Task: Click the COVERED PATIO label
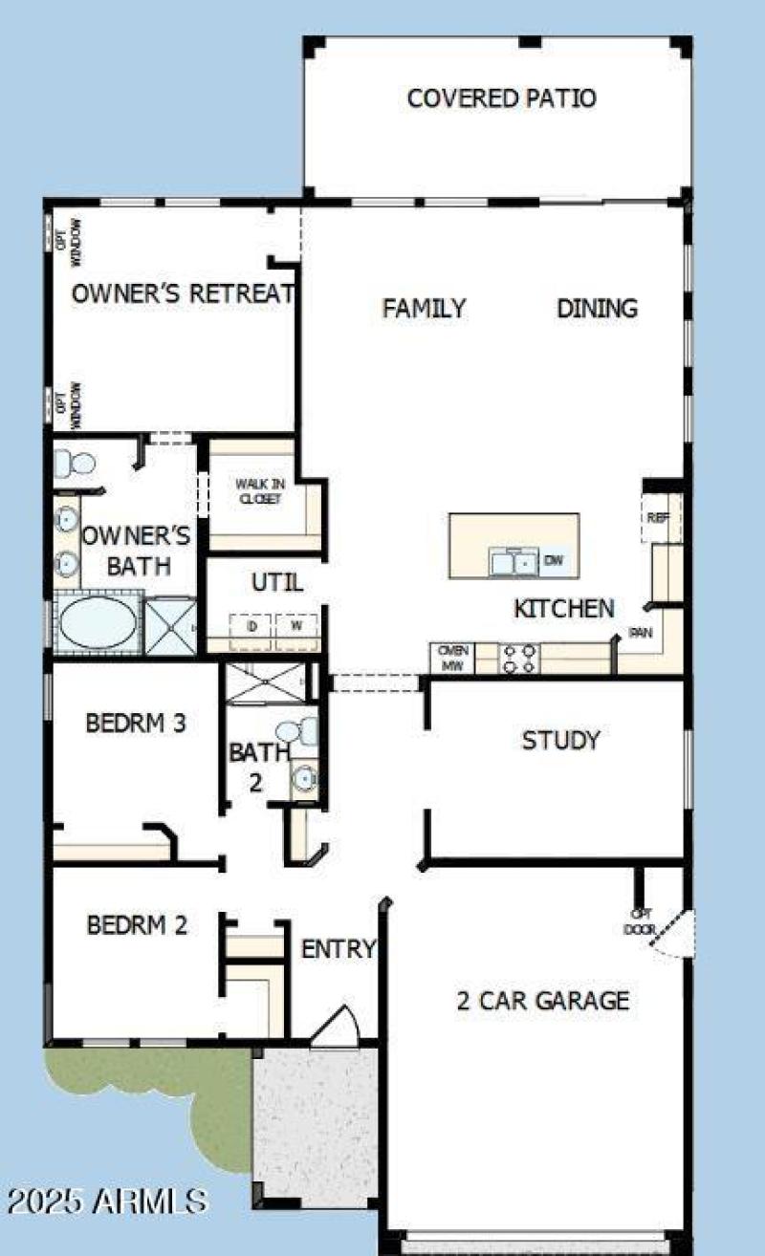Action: pos(501,98)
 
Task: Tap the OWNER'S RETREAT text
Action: pos(182,293)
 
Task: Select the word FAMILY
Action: pos(424,309)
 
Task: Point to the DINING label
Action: pos(597,309)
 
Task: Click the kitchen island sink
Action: pos(514,562)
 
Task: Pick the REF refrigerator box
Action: pos(657,518)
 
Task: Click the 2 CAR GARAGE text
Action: pos(542,1001)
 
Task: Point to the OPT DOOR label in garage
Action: pos(640,921)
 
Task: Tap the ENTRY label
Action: pos(338,950)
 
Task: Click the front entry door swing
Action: pos(335,1028)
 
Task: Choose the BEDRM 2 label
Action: pos(137,926)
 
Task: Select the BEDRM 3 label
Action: pos(136,724)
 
